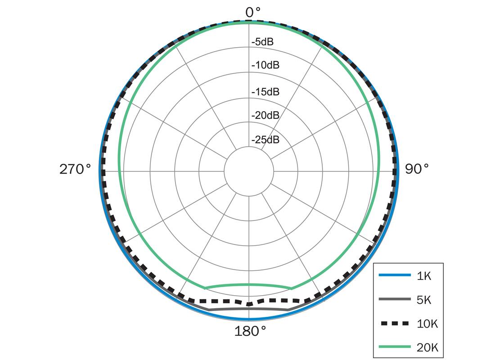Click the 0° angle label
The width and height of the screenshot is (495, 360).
253,13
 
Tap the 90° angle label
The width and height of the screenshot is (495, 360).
417,169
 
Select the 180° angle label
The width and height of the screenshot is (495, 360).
250,331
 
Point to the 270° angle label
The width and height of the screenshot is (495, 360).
75,169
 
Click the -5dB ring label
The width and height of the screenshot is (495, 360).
262,42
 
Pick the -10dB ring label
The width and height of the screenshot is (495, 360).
265,65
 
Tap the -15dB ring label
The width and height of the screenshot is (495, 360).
265,92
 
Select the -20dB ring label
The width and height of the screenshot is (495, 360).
265,115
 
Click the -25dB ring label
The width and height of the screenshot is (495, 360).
265,139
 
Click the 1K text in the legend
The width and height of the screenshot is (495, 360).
423,276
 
